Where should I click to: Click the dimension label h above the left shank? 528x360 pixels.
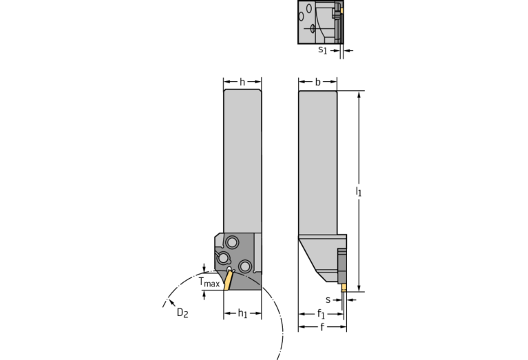tap(242, 82)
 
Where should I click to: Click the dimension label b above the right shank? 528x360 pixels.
tap(317, 82)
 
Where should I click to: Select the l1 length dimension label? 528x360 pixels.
tap(359, 191)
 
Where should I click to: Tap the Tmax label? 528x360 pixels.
tap(209, 282)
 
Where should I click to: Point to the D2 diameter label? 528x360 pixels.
tap(182, 313)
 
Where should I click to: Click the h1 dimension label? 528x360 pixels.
tap(242, 313)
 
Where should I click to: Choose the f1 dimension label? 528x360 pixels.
tap(321, 314)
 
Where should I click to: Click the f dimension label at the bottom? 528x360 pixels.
tap(322, 327)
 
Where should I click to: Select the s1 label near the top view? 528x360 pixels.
tap(323, 50)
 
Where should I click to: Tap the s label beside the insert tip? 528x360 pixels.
tap(328, 299)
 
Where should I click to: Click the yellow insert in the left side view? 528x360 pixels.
tap(228, 280)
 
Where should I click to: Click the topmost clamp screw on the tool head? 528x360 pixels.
tap(232, 242)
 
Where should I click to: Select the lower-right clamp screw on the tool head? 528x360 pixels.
tap(244, 266)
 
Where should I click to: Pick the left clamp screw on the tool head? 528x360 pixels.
tap(222, 258)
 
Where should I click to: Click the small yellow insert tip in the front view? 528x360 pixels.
tap(344, 287)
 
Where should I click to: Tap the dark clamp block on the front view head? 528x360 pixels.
tap(341, 266)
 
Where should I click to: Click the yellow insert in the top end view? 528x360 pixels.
tap(342, 10)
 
